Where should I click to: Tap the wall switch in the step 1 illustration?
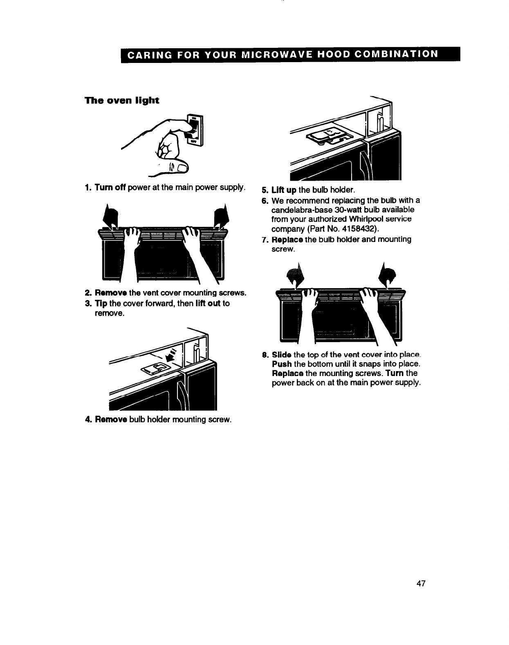pyautogui.click(x=194, y=130)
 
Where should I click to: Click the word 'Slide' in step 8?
pyautogui.click(x=282, y=354)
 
